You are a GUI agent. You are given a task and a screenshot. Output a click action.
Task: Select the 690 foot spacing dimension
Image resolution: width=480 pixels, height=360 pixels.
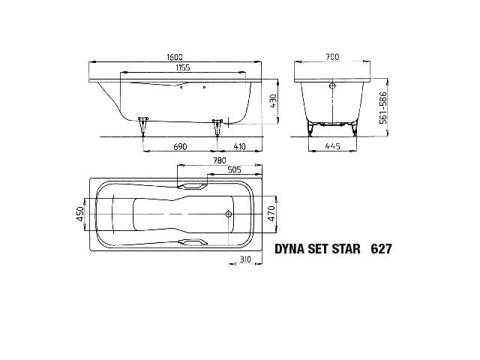pyautogui.click(x=180, y=146)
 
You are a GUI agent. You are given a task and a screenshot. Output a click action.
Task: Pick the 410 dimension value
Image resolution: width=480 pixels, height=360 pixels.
pyautogui.click(x=239, y=146)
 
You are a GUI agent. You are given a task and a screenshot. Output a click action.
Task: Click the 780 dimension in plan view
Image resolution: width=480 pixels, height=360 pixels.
pyautogui.click(x=219, y=160)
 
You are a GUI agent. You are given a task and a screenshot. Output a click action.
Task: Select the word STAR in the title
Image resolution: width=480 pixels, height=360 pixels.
pyautogui.click(x=343, y=247)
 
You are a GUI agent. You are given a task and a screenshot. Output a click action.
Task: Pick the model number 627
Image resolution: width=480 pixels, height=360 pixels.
pyautogui.click(x=380, y=247)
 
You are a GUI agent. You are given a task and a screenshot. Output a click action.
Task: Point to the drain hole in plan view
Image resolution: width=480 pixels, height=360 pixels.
pyautogui.click(x=227, y=214)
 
